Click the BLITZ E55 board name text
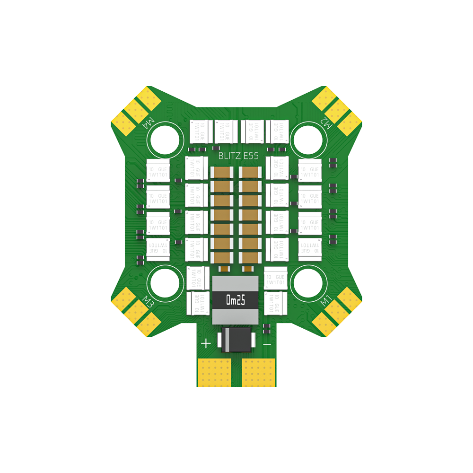(x=238, y=156)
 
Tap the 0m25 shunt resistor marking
(x=236, y=300)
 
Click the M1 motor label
(x=325, y=300)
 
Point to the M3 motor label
(x=148, y=301)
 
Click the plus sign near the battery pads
(x=206, y=343)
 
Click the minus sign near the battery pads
(x=267, y=344)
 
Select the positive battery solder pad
(x=213, y=372)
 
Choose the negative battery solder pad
(x=259, y=372)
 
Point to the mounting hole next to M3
(x=165, y=283)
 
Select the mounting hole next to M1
(x=309, y=283)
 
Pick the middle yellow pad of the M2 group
(x=337, y=111)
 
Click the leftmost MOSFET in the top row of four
(x=201, y=131)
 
